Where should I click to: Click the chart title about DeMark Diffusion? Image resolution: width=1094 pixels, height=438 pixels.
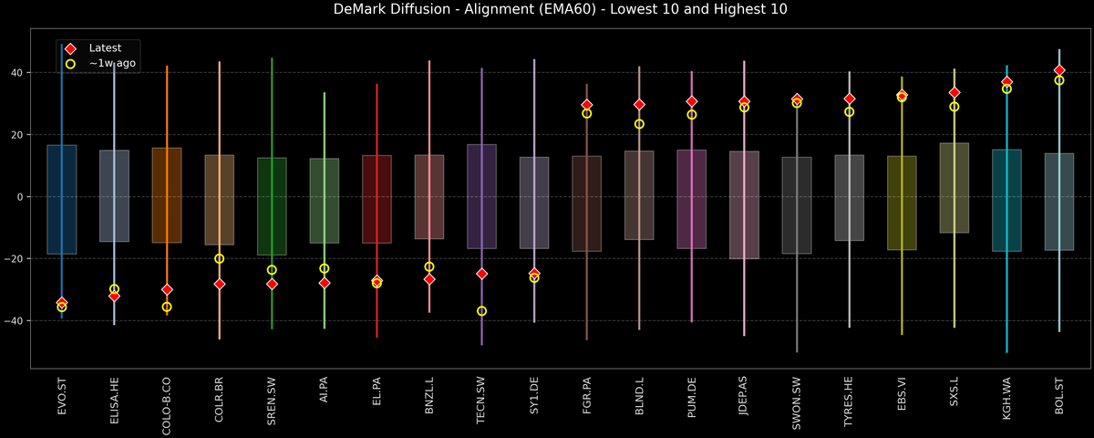[547, 10]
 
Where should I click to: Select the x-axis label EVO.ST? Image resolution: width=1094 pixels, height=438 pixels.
[62, 396]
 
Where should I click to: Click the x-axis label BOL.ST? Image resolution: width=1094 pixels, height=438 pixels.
[1059, 396]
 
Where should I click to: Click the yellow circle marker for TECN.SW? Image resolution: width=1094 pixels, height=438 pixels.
[482, 311]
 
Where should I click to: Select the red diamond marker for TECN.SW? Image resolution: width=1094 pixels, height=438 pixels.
[482, 274]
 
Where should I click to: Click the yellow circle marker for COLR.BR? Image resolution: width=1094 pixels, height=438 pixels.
[219, 258]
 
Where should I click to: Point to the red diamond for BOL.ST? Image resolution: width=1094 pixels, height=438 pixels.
[1059, 70]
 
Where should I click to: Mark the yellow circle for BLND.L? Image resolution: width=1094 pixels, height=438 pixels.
[639, 124]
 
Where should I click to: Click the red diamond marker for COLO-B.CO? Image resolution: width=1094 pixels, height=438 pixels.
[167, 289]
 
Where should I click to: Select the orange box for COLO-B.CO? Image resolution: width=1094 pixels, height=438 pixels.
[167, 195]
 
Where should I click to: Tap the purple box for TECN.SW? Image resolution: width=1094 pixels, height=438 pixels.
[482, 196]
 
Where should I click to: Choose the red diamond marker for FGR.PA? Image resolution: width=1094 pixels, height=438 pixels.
[587, 105]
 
